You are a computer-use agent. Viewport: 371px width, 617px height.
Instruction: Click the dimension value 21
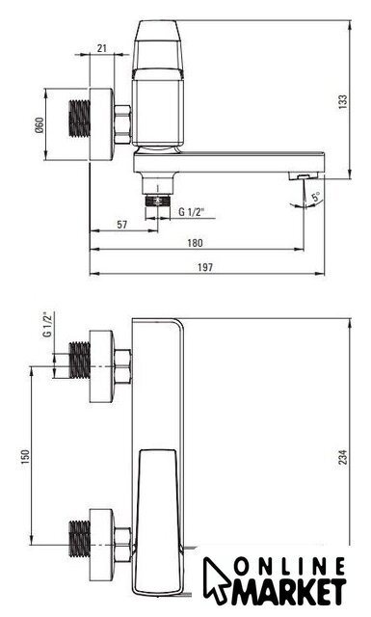pos(102,48)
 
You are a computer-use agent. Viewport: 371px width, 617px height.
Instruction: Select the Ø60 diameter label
pos(40,125)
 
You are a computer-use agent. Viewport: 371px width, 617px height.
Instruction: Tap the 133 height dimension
pos(343,101)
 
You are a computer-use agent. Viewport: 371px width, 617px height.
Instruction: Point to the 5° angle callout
pos(316,197)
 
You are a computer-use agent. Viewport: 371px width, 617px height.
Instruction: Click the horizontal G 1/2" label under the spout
pos(192,212)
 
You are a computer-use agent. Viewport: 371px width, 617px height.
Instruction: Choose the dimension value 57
pos(122,225)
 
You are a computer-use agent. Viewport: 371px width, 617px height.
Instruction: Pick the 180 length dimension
pos(195,243)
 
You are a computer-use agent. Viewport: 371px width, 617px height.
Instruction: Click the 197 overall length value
pos(205,268)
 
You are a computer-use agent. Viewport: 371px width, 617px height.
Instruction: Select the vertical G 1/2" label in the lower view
pos(47,325)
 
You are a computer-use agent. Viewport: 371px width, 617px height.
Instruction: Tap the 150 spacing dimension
pos(25,458)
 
